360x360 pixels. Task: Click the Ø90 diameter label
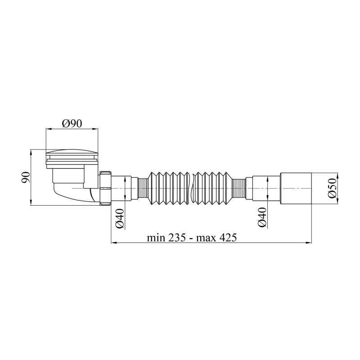pos(72,124)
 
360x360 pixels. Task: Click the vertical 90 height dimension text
pos(26,177)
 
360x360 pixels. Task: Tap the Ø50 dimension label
pos(332,189)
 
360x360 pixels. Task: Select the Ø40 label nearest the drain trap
pos(120,219)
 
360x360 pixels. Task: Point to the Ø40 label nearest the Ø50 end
pos(262,217)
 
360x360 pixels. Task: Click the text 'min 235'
pos(166,238)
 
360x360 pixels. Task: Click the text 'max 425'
pos(216,238)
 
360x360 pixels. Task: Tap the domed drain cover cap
pos(72,153)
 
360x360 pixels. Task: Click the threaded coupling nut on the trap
pos(105,188)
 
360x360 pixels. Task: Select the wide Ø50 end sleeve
pos(296,188)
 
